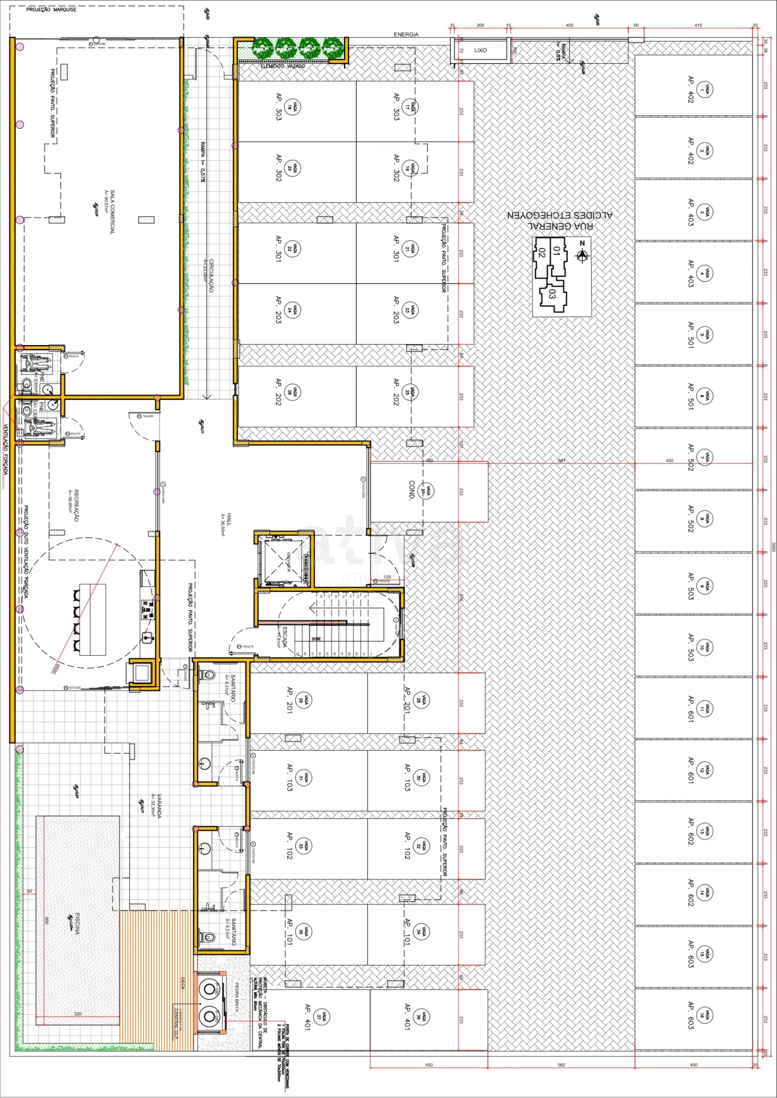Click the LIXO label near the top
point(480,50)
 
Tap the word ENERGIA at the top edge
point(406,34)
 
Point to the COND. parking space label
point(412,490)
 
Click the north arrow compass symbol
point(582,255)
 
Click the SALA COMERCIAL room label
point(112,212)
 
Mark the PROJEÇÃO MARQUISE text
point(52,9)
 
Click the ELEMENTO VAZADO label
point(282,66)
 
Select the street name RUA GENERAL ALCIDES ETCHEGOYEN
point(559,220)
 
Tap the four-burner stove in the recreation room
point(148,609)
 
